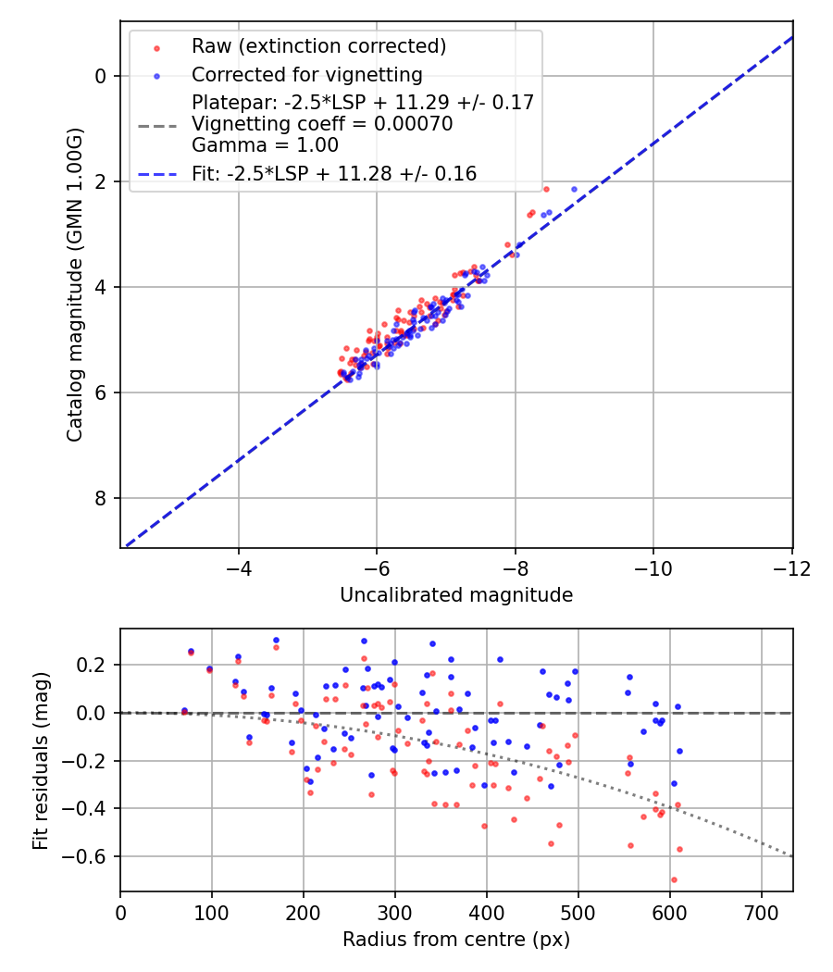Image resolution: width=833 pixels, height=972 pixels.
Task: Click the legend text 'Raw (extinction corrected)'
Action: point(318,46)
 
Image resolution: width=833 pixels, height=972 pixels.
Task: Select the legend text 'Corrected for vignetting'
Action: point(306,75)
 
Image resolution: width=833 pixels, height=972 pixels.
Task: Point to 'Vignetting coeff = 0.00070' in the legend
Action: point(322,124)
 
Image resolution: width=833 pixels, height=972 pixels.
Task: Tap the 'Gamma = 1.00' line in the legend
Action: point(265,145)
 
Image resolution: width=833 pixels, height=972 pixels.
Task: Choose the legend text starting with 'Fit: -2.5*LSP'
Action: point(334,173)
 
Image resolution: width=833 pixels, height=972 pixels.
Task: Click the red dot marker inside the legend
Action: point(156,47)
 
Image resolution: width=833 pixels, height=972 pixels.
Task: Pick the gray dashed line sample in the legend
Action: point(156,124)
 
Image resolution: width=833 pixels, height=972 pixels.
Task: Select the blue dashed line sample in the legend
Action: point(156,174)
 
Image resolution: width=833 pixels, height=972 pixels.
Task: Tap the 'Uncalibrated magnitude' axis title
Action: point(456,595)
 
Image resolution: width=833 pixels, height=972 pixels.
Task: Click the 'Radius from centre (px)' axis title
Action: point(456,940)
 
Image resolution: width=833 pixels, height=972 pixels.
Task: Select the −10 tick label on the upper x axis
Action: point(653,567)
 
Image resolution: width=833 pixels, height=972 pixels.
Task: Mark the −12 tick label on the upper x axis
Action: point(791,567)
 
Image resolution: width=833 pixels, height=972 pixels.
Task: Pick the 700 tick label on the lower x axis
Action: point(762,912)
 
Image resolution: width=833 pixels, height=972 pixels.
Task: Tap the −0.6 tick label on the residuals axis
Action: point(89,856)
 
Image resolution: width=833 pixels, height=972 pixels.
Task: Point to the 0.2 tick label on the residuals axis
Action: point(95,665)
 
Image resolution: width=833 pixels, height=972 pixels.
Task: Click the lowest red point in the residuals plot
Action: point(674,879)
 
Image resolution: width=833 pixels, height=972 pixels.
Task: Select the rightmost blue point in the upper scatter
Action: point(574,189)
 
